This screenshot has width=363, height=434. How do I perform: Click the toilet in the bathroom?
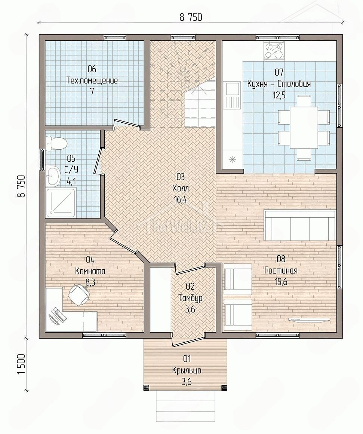[56, 143]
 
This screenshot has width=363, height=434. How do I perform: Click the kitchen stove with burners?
[274, 51]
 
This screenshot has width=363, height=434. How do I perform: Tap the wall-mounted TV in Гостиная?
[309, 319]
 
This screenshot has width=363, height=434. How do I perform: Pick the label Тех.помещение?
[92, 80]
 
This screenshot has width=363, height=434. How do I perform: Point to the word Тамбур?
[191, 298]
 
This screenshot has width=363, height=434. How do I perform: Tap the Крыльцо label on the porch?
[187, 370]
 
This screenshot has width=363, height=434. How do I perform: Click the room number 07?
[279, 72]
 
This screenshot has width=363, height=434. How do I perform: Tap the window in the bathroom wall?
[42, 160]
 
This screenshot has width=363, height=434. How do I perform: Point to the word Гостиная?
[281, 271]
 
